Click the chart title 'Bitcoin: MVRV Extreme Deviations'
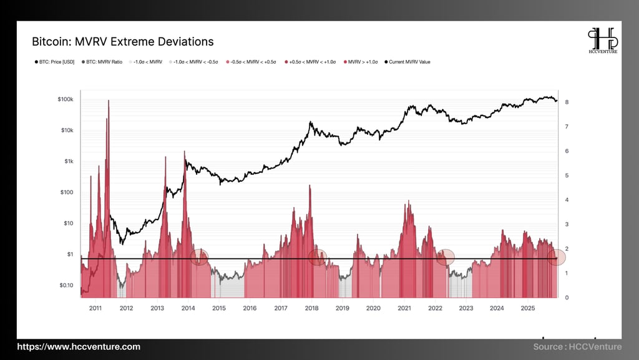[122, 42]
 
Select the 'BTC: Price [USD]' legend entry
[55, 62]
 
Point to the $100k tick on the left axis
[65, 100]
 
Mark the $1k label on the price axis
[67, 162]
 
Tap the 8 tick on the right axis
[565, 102]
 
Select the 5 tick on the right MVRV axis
[565, 175]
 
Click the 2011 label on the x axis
[95, 308]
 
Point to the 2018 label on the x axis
[311, 308]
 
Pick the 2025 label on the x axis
[527, 308]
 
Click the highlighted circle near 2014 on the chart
[199, 257]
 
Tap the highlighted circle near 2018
[318, 257]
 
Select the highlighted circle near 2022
[446, 257]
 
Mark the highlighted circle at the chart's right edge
[556, 257]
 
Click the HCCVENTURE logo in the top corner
[603, 42]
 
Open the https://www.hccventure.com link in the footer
[79, 347]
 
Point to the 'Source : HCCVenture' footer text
[577, 347]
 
